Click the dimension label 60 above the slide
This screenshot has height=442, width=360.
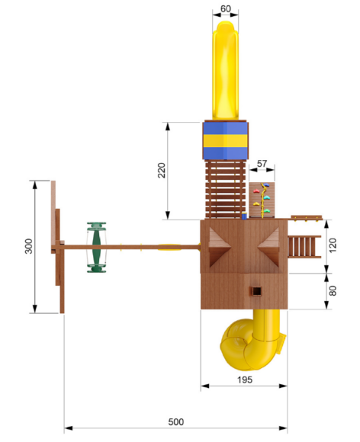coord(226,8)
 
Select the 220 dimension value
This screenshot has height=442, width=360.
coord(162,170)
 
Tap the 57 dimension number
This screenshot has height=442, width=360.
coord(262,164)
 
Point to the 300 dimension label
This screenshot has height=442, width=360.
coord(28,246)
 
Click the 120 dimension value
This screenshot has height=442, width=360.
coord(333,245)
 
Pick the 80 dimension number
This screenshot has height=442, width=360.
coord(333,290)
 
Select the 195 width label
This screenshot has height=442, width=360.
coord(245,380)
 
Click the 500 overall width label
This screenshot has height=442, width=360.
coord(176,422)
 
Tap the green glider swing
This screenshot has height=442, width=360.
coord(97,248)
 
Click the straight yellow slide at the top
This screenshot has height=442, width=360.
coord(226,70)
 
